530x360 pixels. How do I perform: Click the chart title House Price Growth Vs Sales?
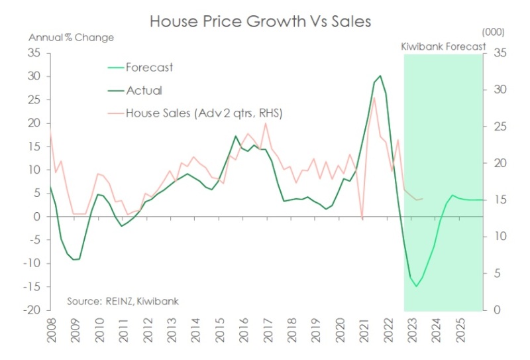260,21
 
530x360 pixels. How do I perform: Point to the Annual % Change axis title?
71,36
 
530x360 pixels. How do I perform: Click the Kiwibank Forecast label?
443,47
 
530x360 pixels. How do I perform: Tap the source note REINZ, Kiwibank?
123,301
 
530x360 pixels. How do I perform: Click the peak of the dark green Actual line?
380,76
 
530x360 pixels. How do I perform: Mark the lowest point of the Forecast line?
416,286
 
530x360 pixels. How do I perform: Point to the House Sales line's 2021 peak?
374,97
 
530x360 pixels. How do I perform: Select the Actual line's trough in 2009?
74,259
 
